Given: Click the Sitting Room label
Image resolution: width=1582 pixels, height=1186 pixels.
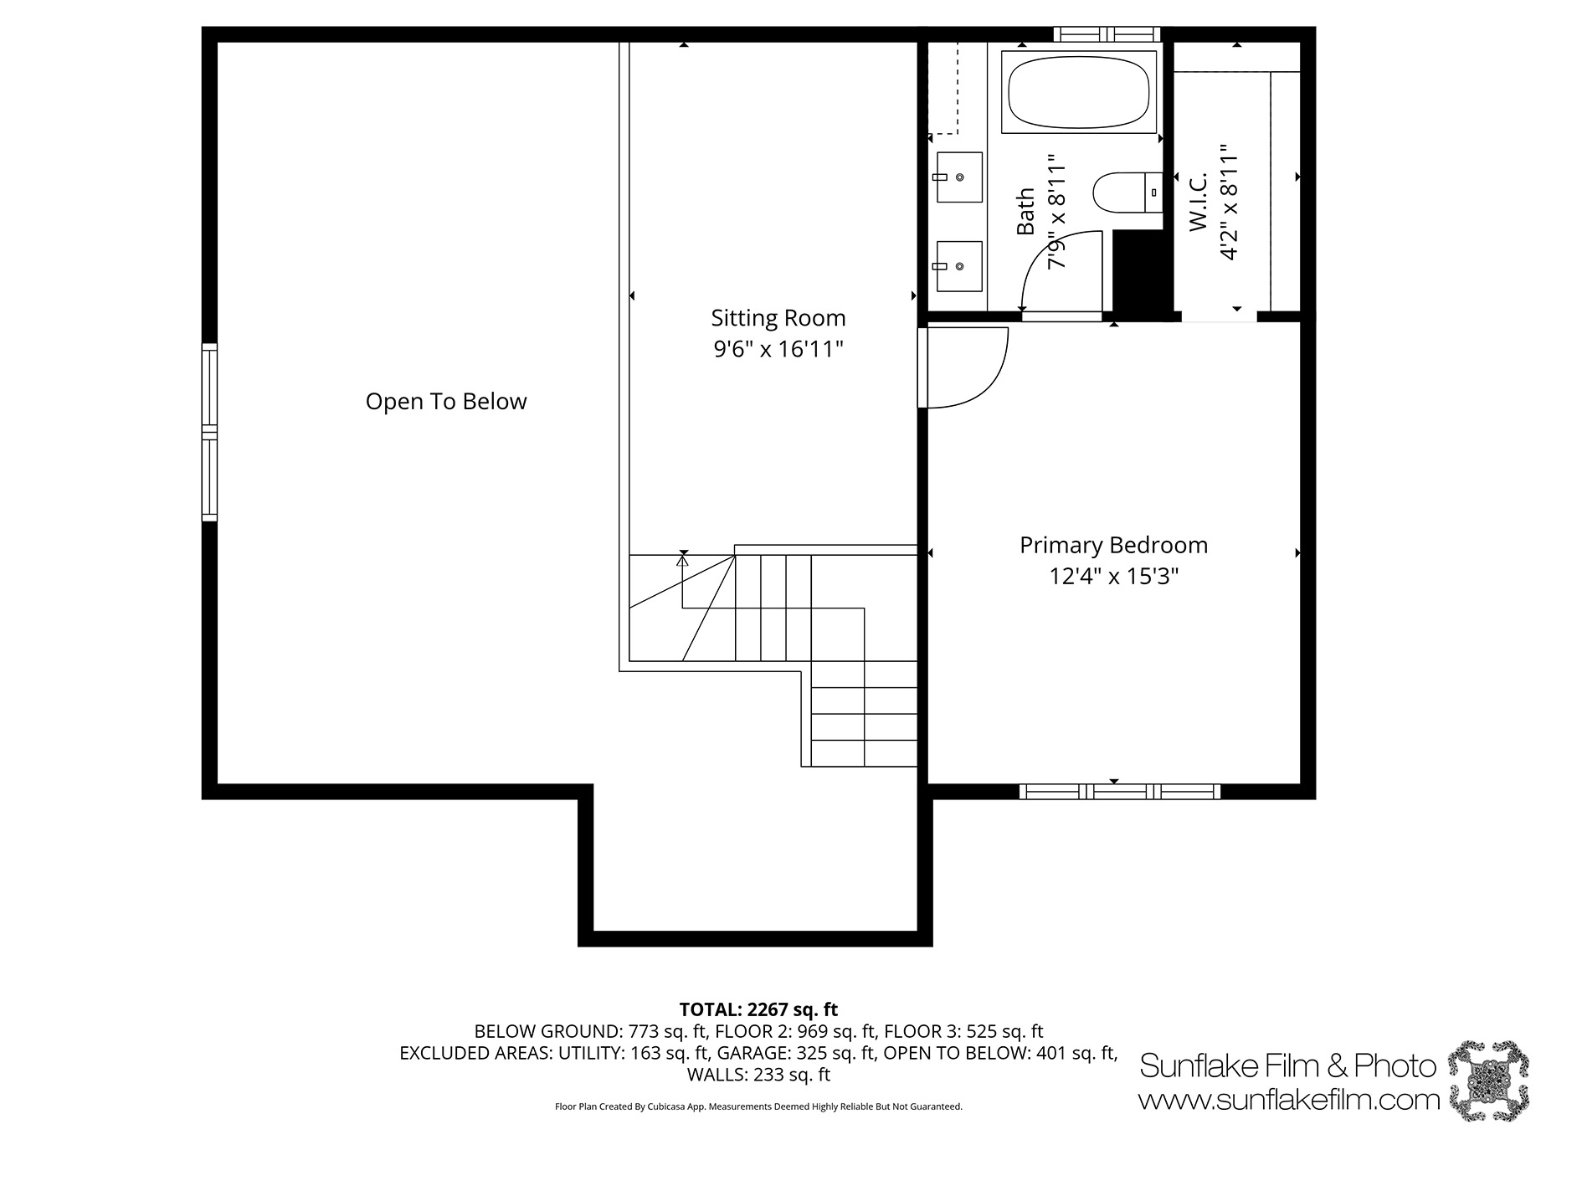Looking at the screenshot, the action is click(x=778, y=318).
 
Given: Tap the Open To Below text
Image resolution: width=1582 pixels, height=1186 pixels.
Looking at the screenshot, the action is click(x=446, y=402).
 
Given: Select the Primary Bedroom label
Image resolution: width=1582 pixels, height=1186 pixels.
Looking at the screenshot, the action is click(x=1113, y=546).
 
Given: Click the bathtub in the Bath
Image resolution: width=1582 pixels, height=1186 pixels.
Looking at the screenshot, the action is click(x=1079, y=91).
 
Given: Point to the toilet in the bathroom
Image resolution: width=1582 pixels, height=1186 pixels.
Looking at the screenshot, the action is click(x=1128, y=192).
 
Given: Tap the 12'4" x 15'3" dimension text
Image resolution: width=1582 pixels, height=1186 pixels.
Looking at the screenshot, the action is click(x=1113, y=577).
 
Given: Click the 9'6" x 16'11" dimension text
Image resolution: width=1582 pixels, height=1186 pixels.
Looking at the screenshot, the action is click(x=778, y=349).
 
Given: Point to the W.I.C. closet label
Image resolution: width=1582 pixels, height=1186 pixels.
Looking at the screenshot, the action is click(x=1198, y=202).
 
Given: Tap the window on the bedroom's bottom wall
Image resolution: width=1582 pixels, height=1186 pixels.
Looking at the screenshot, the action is click(x=1120, y=792).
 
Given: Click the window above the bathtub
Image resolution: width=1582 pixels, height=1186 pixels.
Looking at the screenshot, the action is click(x=1107, y=34).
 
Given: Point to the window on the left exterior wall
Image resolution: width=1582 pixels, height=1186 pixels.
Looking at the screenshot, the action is click(x=209, y=432).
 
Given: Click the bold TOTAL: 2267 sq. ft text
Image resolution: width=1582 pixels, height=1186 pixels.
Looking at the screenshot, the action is click(x=758, y=1009).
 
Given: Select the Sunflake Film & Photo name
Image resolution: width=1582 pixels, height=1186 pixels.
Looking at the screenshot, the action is click(x=1288, y=1065).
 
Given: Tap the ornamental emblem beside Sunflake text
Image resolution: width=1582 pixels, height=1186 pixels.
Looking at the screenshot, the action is click(x=1488, y=1081).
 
